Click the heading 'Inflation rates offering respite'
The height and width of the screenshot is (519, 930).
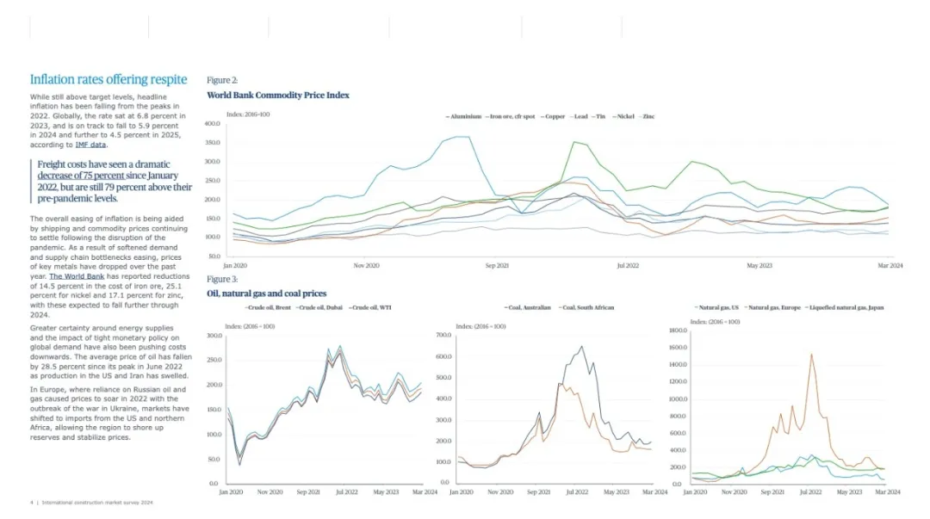108,80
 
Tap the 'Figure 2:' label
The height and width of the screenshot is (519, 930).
222,80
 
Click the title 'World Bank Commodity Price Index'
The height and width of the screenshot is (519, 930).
278,96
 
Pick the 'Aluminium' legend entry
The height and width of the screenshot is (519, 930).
465,115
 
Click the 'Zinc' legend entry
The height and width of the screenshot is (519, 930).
648,115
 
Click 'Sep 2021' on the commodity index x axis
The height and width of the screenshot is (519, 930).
497,266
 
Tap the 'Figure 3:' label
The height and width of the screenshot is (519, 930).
222,279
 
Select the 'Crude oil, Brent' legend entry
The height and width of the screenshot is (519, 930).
271,307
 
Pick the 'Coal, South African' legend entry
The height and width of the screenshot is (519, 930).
588,307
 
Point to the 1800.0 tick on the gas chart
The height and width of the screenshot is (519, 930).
678,331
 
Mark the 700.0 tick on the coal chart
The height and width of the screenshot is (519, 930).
444,335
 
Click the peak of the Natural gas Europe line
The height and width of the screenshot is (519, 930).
810,354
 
